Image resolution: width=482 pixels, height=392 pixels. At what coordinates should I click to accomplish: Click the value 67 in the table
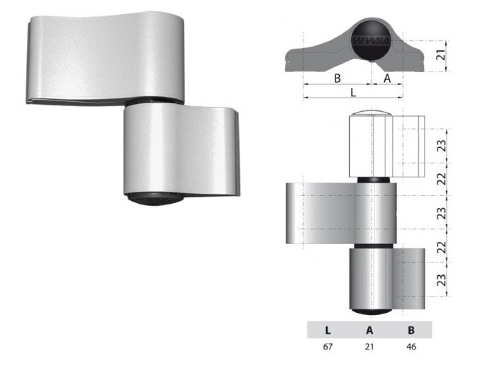(328, 346)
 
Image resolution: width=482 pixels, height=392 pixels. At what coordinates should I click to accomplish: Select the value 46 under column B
(411, 346)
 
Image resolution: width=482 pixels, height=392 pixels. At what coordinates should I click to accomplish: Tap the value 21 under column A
(370, 346)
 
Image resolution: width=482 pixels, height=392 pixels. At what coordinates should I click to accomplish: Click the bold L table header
(328, 330)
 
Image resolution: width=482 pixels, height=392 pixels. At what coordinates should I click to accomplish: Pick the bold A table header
(370, 330)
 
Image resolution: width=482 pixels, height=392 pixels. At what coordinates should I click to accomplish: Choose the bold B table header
(411, 330)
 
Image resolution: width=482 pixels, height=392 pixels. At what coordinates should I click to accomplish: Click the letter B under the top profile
(337, 78)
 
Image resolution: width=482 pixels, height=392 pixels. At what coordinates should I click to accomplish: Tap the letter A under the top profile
(387, 78)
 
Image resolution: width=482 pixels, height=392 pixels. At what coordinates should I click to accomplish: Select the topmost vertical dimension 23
(441, 146)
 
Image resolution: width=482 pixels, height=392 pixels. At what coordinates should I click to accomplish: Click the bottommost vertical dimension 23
(441, 280)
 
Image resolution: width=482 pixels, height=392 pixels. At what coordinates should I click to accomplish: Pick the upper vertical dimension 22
(441, 179)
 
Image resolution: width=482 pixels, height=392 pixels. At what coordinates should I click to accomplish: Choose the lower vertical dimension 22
(441, 246)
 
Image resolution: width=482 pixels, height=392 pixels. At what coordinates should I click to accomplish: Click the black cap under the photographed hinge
(154, 198)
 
